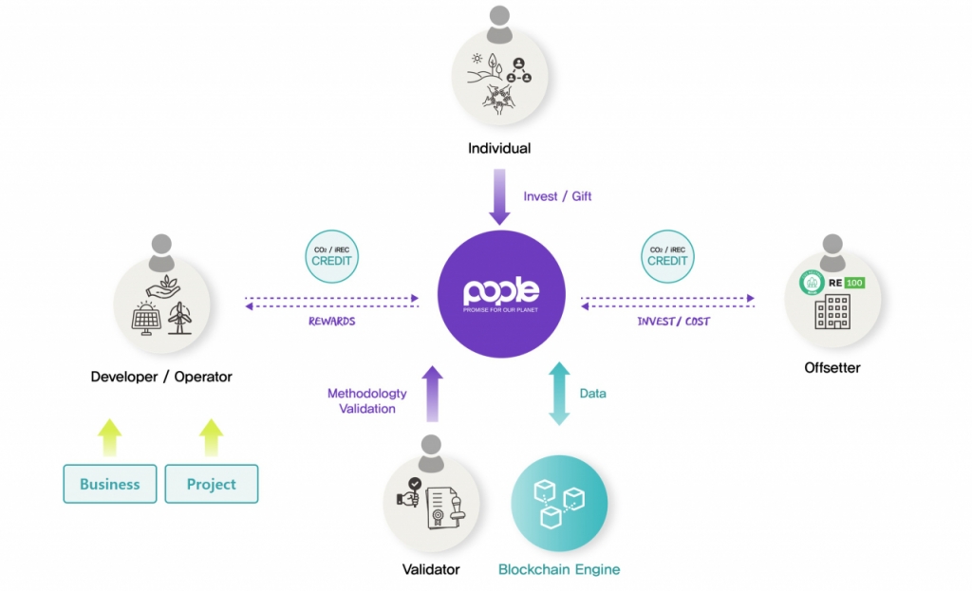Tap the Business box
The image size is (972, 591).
click(110, 484)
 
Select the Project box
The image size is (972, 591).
click(211, 484)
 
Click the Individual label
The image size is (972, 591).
click(499, 148)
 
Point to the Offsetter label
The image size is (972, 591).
click(832, 367)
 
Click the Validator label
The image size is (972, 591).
click(430, 569)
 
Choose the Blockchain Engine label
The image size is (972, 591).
click(559, 569)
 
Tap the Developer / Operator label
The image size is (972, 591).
click(161, 377)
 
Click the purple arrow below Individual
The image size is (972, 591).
click(500, 197)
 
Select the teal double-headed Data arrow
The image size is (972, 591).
click(558, 393)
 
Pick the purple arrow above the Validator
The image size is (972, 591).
click(432, 393)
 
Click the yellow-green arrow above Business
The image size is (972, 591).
click(110, 438)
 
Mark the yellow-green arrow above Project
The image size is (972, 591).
click(211, 438)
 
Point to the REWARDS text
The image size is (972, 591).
click(331, 321)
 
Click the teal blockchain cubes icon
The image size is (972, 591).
click(558, 502)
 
